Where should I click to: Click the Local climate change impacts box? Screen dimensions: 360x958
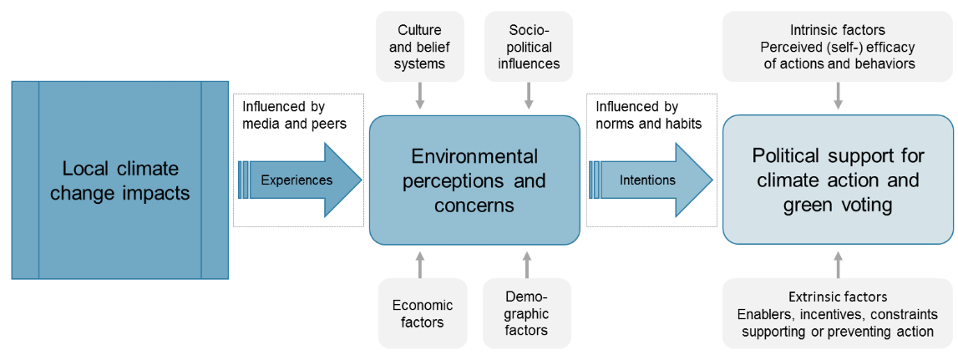tap(119, 180)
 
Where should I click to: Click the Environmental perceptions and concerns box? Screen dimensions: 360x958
tap(474, 180)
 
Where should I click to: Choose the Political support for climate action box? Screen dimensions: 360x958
tap(837, 180)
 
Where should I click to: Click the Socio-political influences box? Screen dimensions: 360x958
tap(528, 47)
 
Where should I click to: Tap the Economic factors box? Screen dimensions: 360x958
tap(422, 313)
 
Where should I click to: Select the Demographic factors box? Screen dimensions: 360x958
tap(526, 313)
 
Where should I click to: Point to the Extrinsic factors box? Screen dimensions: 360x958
tap(837, 314)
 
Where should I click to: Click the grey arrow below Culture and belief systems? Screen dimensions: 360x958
tap(420, 97)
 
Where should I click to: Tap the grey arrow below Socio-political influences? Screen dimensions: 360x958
tap(528, 97)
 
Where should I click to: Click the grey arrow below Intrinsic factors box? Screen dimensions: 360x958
tap(838, 97)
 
